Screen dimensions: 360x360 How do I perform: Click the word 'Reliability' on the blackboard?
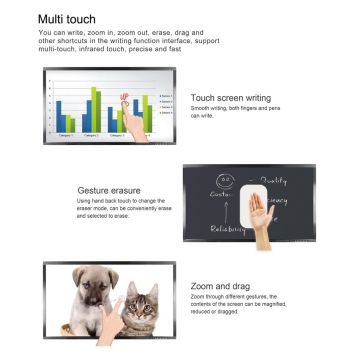click(229, 255)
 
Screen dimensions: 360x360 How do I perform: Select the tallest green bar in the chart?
click(96, 108)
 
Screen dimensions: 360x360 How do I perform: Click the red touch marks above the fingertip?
click(125, 98)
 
